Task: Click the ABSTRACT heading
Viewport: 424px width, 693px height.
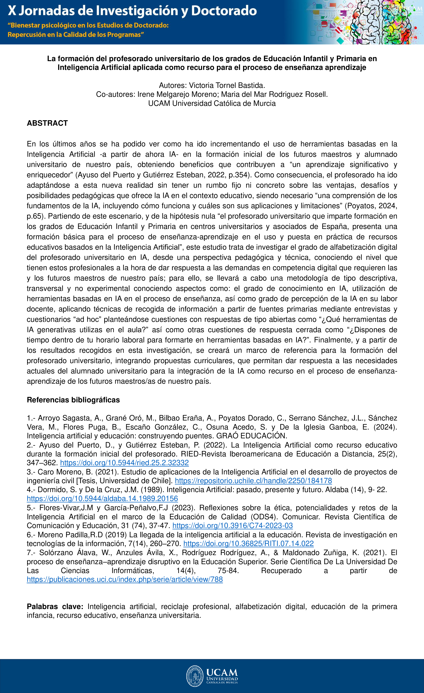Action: click(x=47, y=123)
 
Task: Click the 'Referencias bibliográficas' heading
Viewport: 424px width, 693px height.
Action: click(x=73, y=400)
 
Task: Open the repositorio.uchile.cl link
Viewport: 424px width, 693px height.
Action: click(x=253, y=481)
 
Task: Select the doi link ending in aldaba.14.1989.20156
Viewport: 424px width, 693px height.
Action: click(x=102, y=499)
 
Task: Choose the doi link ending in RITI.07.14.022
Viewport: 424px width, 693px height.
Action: click(x=248, y=543)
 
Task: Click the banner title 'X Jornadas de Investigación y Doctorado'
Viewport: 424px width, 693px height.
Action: click(x=132, y=11)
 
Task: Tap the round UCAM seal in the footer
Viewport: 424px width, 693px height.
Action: click(x=195, y=676)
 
